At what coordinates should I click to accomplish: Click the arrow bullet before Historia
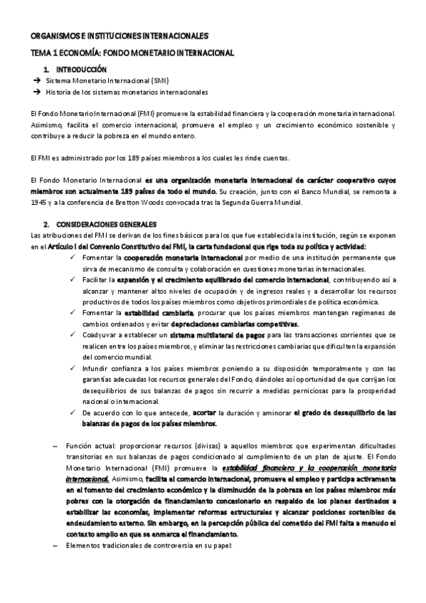pos(36,92)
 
